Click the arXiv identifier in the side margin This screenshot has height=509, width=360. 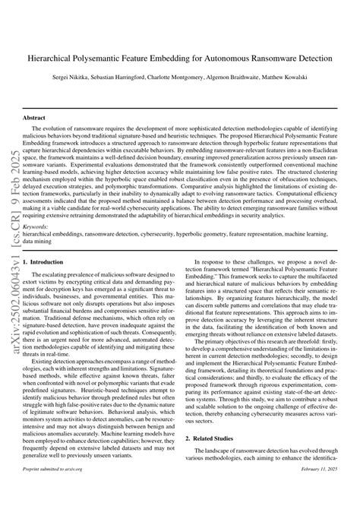[x=11, y=251]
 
